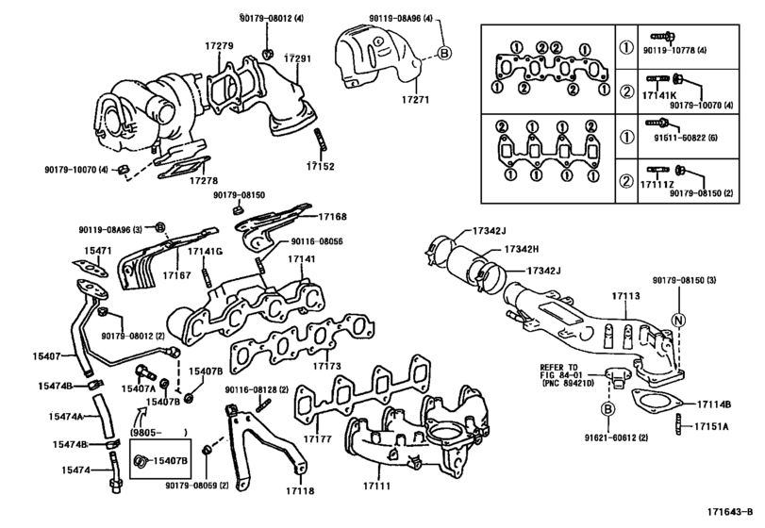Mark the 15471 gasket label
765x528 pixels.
click(98, 250)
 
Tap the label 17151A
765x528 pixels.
click(713, 427)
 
